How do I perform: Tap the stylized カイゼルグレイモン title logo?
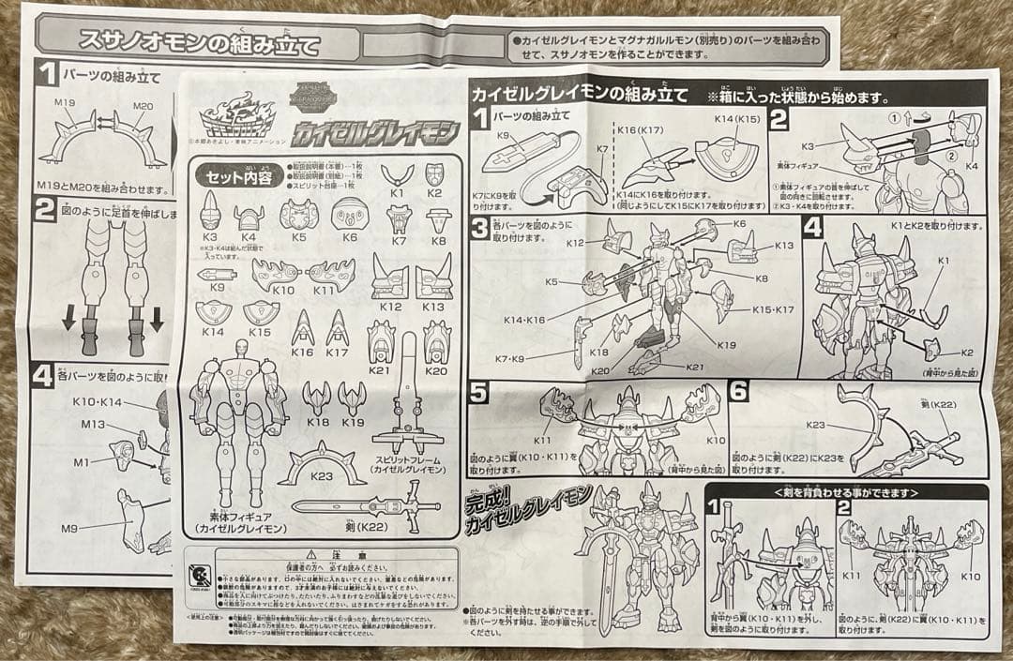375,128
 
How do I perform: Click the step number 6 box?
739,391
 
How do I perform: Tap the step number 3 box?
479,227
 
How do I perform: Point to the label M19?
65,102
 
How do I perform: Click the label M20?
142,104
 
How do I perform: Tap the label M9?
70,528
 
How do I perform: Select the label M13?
92,424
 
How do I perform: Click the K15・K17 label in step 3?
772,308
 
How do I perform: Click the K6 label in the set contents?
349,237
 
